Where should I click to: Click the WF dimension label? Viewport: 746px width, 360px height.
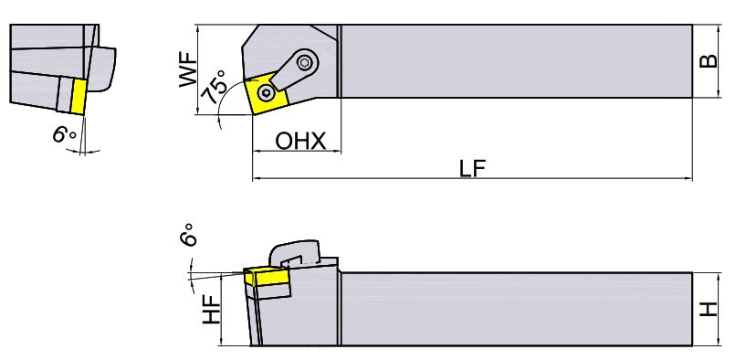click(x=188, y=69)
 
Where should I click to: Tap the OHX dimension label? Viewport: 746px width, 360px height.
click(x=300, y=142)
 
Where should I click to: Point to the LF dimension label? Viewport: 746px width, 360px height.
click(x=472, y=168)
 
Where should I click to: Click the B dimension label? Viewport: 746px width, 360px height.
click(x=709, y=61)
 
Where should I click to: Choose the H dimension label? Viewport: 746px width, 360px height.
click(x=709, y=310)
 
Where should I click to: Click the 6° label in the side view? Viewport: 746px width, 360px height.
click(x=188, y=235)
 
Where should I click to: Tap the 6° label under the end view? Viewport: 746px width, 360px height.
click(x=64, y=134)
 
